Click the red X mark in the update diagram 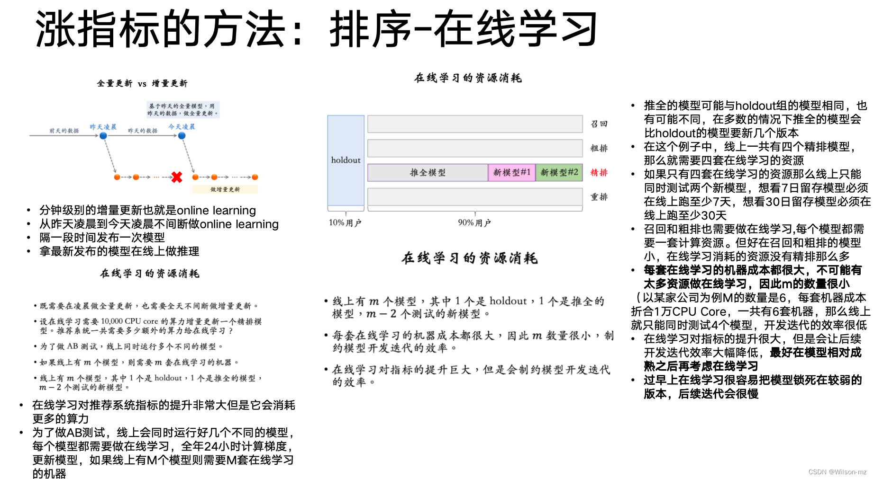click(177, 177)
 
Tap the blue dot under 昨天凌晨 click(103, 136)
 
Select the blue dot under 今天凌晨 click(182, 136)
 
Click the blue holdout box click(346, 160)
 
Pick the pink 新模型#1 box click(512, 172)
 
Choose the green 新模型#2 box click(559, 172)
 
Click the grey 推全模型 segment click(428, 172)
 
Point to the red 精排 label click(599, 172)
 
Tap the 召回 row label click(599, 124)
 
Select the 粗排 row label click(599, 148)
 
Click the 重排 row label click(599, 197)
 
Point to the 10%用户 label click(345, 222)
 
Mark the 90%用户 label click(474, 222)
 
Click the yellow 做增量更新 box click(225, 189)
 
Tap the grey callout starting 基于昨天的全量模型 click(182, 109)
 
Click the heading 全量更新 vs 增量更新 click(142, 84)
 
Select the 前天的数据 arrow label click(64, 131)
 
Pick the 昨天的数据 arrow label click(142, 131)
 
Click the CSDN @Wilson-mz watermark click(837, 472)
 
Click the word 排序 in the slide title click(371, 29)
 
